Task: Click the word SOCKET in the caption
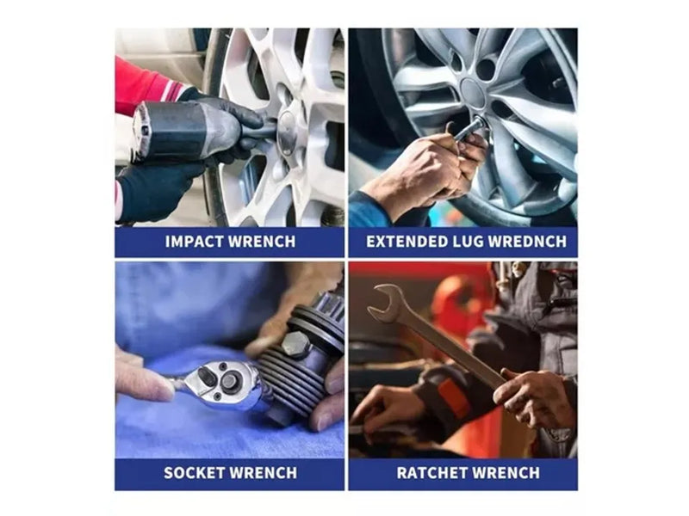(x=195, y=472)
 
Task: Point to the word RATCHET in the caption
(x=428, y=472)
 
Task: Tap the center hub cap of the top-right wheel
(x=473, y=93)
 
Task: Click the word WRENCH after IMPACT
(x=262, y=242)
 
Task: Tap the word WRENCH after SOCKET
(x=264, y=472)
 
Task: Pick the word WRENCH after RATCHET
(x=502, y=472)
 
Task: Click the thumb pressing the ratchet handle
(x=145, y=383)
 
